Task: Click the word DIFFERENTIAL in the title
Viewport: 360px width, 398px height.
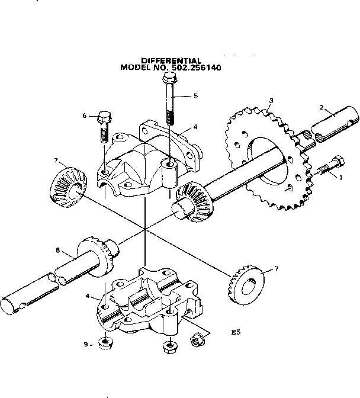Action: click(x=171, y=60)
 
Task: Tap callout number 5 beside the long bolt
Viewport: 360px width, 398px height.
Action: click(x=196, y=96)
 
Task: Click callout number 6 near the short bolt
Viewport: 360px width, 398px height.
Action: click(x=85, y=116)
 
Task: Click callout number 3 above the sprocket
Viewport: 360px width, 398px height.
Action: click(x=271, y=101)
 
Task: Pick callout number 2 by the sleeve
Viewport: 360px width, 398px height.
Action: click(x=322, y=108)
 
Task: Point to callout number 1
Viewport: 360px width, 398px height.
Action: click(x=340, y=176)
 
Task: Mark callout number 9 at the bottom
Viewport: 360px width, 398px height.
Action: click(x=85, y=344)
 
